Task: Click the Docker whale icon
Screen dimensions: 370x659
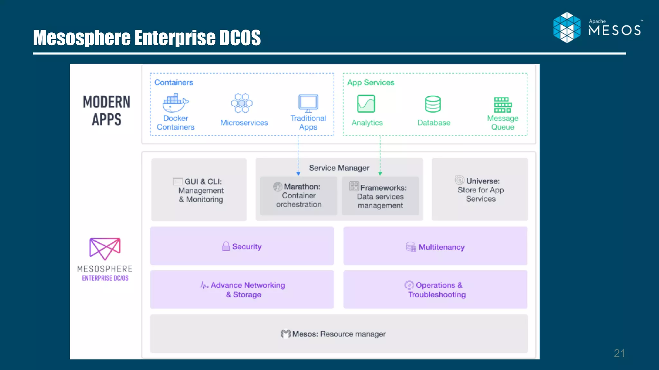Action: coord(175,103)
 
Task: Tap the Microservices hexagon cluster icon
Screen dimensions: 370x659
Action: coord(242,103)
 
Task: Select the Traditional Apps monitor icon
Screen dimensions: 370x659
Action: coord(308,103)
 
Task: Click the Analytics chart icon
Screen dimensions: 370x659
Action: coord(366,103)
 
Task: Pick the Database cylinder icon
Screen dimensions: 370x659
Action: coord(433,104)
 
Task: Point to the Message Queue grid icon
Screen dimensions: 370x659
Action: coord(503,105)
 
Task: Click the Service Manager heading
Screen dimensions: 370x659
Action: coord(339,168)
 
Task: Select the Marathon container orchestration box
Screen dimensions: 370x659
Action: coord(299,196)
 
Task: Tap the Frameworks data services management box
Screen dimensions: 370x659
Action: coord(380,196)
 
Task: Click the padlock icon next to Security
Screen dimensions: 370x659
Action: coord(226,246)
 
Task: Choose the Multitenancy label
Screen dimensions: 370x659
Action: coord(441,247)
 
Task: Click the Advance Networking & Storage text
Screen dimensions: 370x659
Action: coord(247,290)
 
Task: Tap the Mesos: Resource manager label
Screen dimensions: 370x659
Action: coord(339,334)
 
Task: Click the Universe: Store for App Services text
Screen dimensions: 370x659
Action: coord(481,190)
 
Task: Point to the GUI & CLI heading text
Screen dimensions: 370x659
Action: coord(203,181)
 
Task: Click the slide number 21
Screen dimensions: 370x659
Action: coord(619,353)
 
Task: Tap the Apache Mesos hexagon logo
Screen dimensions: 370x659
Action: coord(567,28)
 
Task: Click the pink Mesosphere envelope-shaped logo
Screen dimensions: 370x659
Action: coord(105,249)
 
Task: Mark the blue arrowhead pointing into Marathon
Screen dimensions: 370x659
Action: coord(298,173)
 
